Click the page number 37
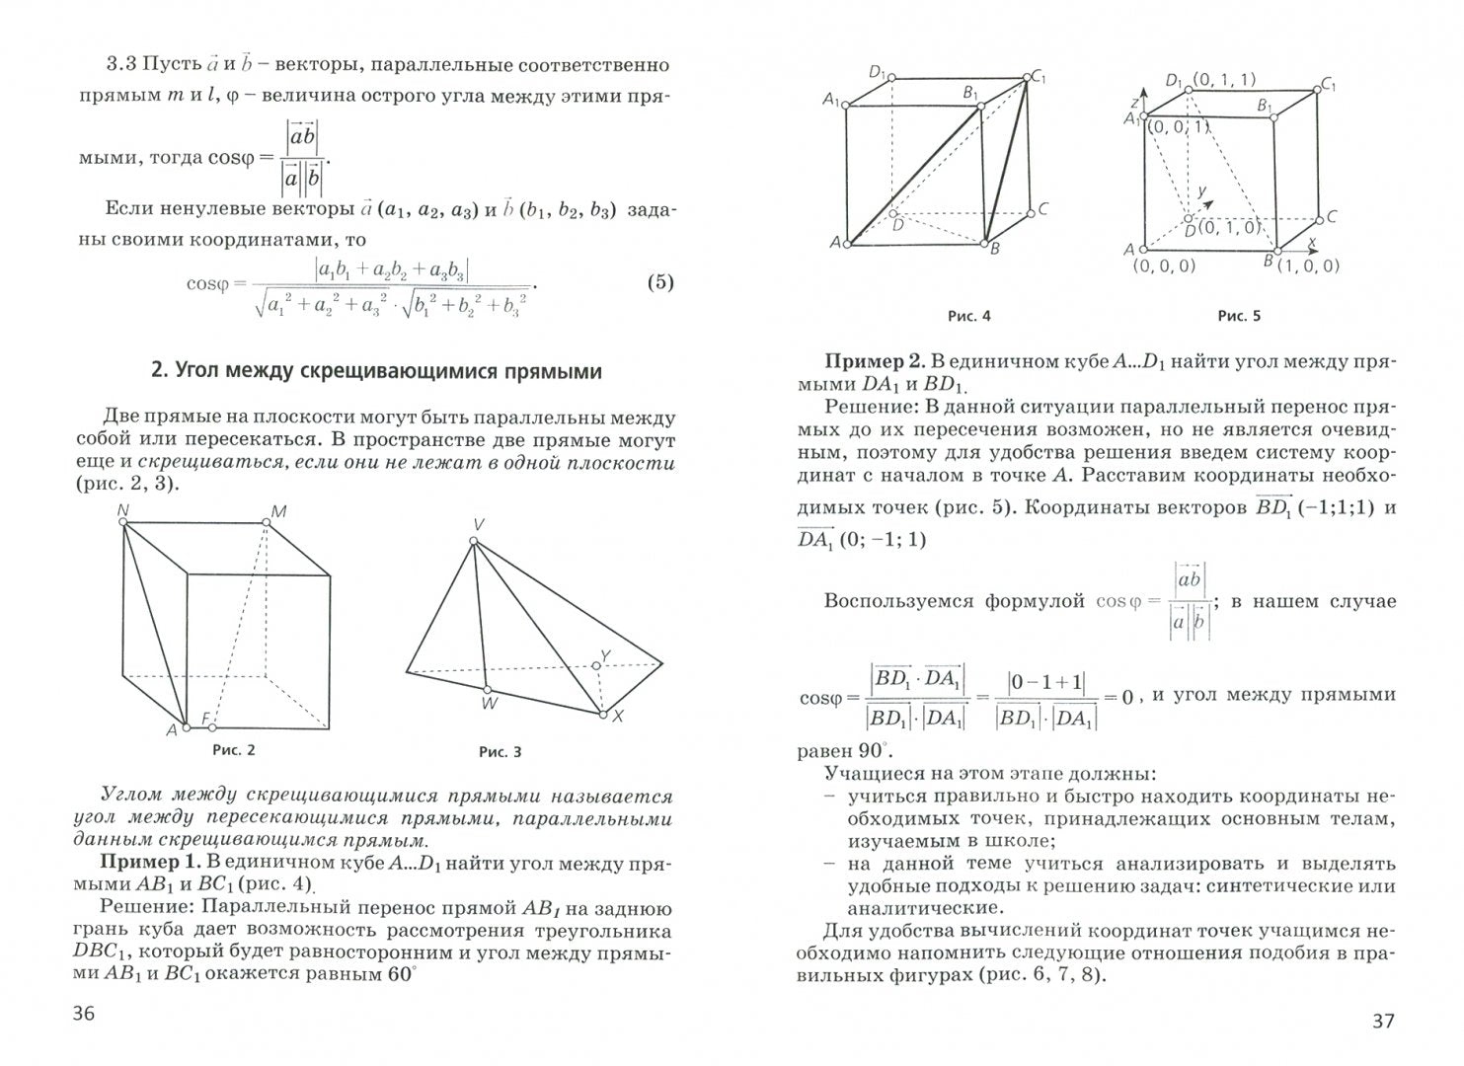[x=1383, y=1020]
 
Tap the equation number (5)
[x=660, y=282]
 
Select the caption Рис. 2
[x=234, y=749]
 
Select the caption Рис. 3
[x=500, y=752]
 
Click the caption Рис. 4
[x=968, y=316]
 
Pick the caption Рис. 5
[x=1239, y=316]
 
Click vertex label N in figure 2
[x=122, y=509]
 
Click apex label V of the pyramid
[x=477, y=525]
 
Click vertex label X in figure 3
[x=618, y=717]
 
